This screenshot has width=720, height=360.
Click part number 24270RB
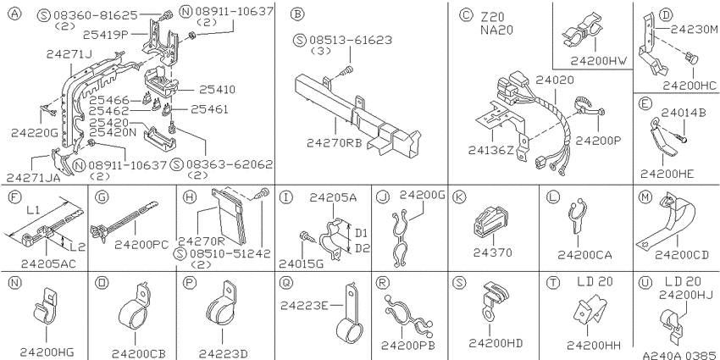335,143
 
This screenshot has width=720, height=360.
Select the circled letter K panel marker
459,197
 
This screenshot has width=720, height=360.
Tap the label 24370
494,252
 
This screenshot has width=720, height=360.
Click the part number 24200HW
599,61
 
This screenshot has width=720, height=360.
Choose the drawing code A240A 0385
680,355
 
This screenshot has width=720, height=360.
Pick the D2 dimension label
363,248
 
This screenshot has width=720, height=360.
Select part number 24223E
305,304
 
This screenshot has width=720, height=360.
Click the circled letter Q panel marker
285,283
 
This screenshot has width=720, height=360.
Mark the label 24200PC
142,244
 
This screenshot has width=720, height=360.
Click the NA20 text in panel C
497,30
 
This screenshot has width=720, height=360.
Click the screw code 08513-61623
350,40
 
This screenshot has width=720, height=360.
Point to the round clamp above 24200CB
134,310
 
